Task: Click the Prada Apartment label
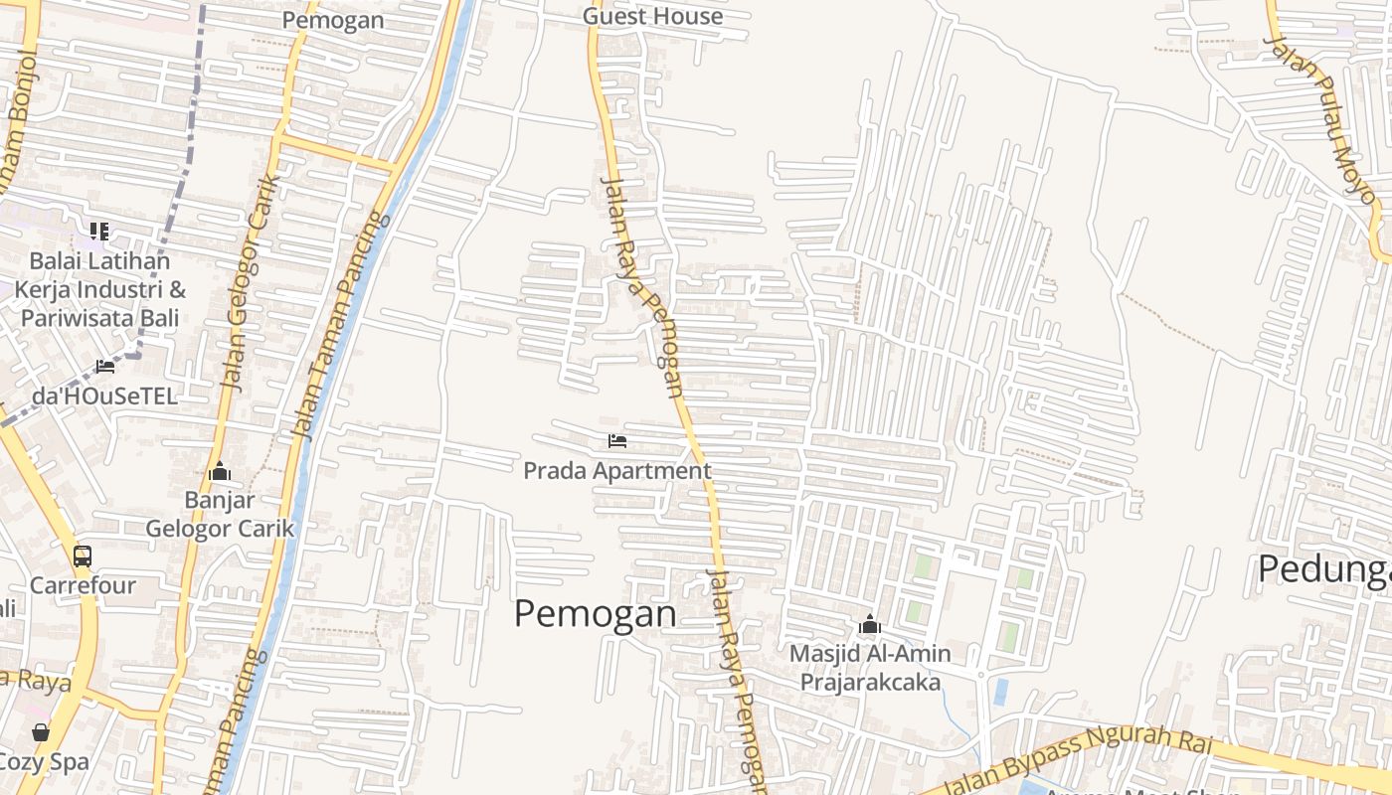click(x=617, y=471)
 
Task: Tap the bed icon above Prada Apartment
click(x=617, y=441)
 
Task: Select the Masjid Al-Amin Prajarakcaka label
click(x=870, y=668)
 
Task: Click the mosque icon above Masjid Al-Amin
click(x=870, y=625)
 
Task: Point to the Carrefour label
click(x=83, y=585)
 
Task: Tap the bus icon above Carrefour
click(x=83, y=556)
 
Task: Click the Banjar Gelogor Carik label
click(x=220, y=514)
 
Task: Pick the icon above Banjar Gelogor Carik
click(x=220, y=472)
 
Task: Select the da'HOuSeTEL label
click(x=104, y=396)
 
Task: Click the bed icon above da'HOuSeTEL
click(x=104, y=367)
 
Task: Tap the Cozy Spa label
click(x=44, y=762)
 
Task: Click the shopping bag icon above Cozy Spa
click(x=41, y=732)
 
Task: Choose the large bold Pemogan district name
click(x=595, y=614)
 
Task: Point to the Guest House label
click(x=652, y=16)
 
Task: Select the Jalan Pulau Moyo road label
click(x=1321, y=119)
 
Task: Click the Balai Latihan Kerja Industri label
click(x=99, y=289)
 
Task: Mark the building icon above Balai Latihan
click(x=99, y=232)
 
